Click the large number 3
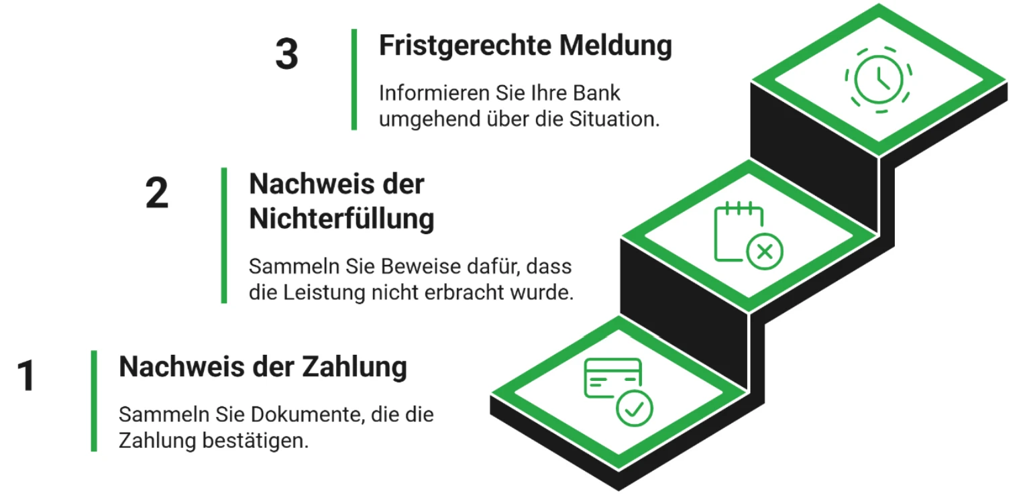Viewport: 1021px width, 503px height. pyautogui.click(x=286, y=54)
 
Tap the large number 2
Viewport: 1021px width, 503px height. pyautogui.click(x=157, y=192)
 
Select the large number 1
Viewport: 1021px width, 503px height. pyautogui.click(x=26, y=375)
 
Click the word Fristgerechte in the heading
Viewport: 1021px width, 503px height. pyautogui.click(x=466, y=46)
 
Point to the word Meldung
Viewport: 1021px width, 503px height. pyautogui.click(x=616, y=46)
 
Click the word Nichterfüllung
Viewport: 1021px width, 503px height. pyautogui.click(x=341, y=219)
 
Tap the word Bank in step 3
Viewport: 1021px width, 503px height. pyautogui.click(x=596, y=93)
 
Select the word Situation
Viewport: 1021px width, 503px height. pyautogui.click(x=614, y=119)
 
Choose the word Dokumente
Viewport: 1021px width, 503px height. pyautogui.click(x=308, y=414)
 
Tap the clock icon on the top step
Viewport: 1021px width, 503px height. pyautogui.click(x=878, y=80)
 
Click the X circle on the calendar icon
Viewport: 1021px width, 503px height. pyautogui.click(x=764, y=251)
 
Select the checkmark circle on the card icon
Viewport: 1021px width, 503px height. pyautogui.click(x=634, y=408)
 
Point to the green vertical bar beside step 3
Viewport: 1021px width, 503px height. pyautogui.click(x=354, y=80)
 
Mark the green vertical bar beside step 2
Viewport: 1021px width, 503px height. pyautogui.click(x=224, y=235)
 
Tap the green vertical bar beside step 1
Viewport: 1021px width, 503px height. pyautogui.click(x=94, y=401)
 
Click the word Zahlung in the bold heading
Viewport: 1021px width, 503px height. pyautogui.click(x=355, y=368)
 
